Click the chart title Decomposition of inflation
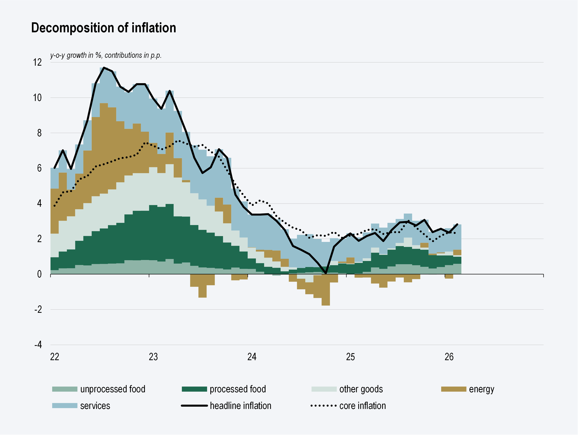coord(103,28)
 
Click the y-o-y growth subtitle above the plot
coord(106,55)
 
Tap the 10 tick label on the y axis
coord(37,98)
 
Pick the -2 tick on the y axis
coord(38,309)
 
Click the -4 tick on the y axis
coord(38,345)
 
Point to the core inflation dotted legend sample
coord(323,406)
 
